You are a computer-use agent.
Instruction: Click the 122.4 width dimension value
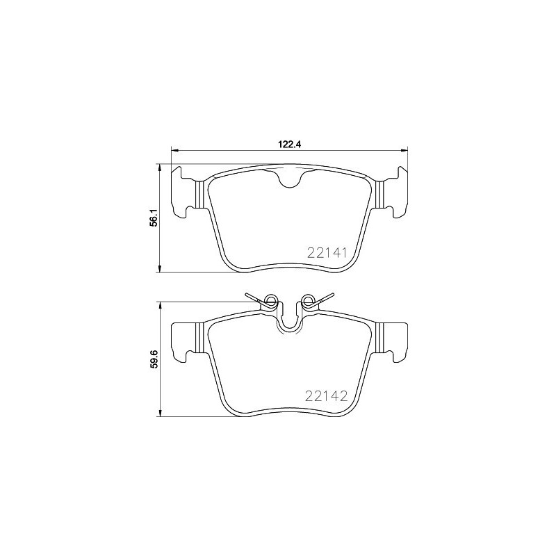[289, 145]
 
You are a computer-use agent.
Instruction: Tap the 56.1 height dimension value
[154, 218]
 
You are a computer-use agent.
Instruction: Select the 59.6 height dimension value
[154, 359]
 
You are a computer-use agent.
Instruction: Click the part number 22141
[327, 253]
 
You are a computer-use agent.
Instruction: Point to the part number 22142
[327, 396]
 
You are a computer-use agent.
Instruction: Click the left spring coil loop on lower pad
[270, 301]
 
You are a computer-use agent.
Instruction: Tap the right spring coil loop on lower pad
[308, 301]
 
